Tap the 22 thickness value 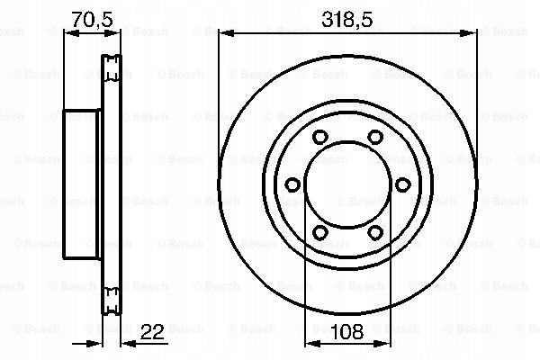tap(153, 332)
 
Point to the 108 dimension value tap(347, 332)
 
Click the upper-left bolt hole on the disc tap(320, 138)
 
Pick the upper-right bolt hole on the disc tap(374, 138)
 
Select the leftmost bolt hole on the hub tap(292, 184)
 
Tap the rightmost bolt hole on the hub tap(401, 184)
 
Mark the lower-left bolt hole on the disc tap(320, 232)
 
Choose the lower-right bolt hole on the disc tap(374, 232)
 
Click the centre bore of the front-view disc tap(347, 184)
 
